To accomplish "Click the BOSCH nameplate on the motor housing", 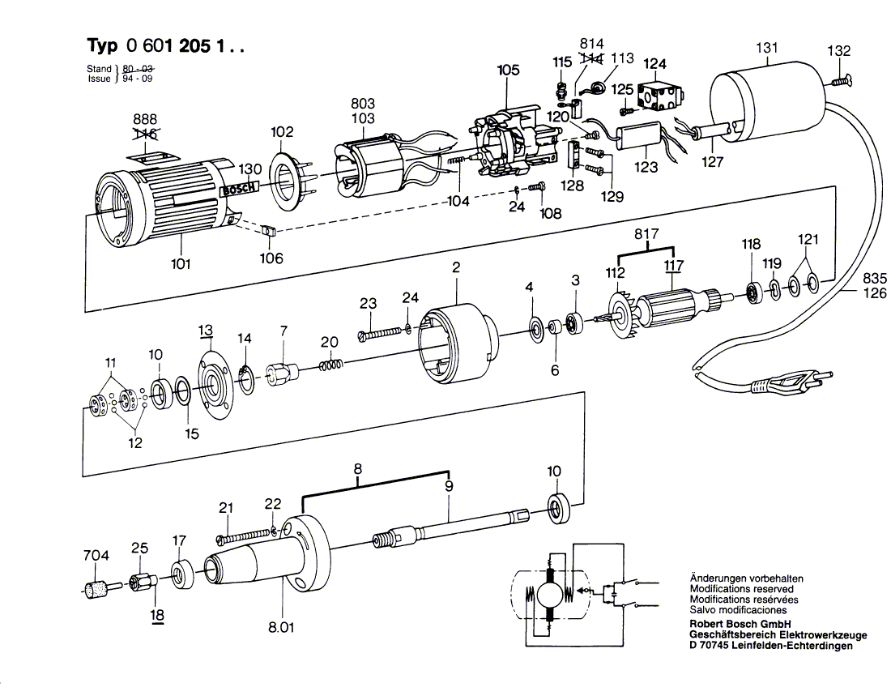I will [241, 190].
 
